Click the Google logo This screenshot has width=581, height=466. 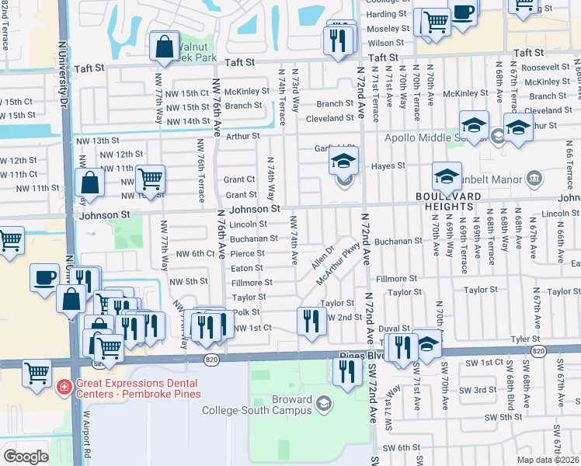click(26, 457)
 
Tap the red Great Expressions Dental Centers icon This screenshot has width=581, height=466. click(64, 386)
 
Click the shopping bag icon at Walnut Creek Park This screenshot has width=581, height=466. click(165, 47)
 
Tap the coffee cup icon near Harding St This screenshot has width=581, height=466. click(463, 13)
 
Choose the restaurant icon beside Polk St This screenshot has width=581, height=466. click(311, 321)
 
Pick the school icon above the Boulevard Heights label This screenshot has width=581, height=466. click(447, 177)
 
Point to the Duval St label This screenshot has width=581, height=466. click(394, 328)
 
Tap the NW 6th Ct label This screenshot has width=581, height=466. click(195, 253)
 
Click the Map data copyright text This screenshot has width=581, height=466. click(548, 460)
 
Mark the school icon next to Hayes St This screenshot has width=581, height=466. click(343, 164)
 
